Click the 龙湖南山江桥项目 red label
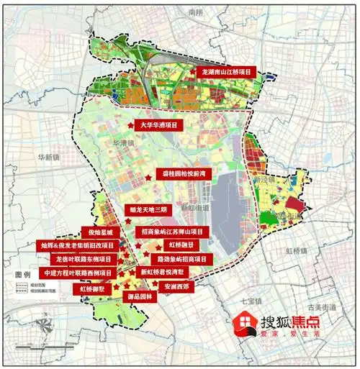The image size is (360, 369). click(229, 73)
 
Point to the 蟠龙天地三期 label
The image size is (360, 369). click(148, 210)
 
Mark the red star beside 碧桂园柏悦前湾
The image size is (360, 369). click(148, 176)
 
